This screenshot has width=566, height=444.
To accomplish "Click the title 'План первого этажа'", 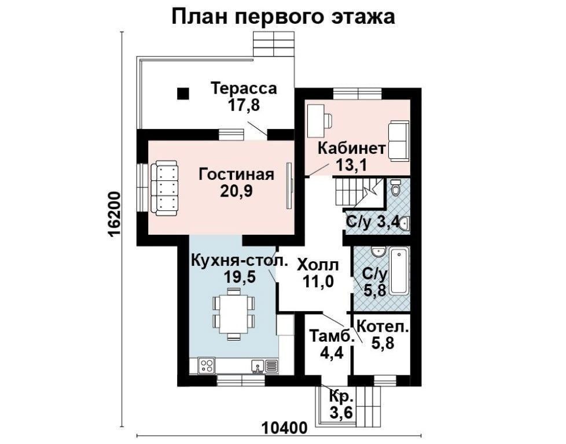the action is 283,17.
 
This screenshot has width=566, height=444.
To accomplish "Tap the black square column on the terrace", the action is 183,94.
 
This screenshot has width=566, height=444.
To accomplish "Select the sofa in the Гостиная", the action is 164,188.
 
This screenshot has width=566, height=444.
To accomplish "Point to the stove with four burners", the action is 207,366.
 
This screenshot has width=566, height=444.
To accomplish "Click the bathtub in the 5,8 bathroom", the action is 399,271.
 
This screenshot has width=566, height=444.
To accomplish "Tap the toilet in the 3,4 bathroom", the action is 395,187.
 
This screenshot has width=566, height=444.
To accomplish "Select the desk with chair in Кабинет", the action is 320,120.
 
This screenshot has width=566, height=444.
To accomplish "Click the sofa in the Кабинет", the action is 399,141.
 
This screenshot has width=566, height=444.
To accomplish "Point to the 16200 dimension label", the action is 114,214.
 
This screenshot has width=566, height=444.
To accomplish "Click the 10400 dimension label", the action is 284,428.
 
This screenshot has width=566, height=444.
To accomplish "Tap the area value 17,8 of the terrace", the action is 244,105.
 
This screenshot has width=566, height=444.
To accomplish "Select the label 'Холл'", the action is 318,265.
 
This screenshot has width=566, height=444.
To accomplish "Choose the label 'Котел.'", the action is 383,327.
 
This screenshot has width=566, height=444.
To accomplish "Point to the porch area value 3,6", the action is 341,412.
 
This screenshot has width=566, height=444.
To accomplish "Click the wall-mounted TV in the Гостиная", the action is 289,186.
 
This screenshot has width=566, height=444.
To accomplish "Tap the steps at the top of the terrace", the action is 274,43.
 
